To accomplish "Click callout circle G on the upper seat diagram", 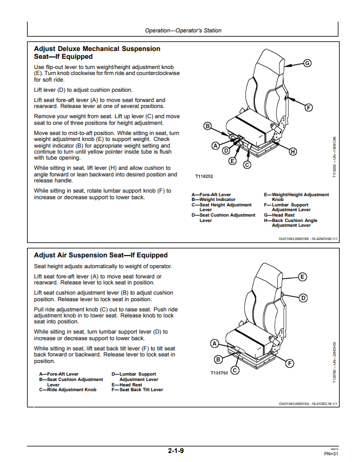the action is [x=307, y=63].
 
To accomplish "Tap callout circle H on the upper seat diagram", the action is [x=293, y=151].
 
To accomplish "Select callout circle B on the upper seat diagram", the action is [x=208, y=126].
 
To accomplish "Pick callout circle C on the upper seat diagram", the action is [x=247, y=165].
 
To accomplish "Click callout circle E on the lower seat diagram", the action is [x=302, y=277].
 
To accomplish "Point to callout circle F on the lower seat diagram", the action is [x=290, y=363].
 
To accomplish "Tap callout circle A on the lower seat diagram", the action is [x=214, y=344].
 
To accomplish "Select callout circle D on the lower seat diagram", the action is [x=303, y=298].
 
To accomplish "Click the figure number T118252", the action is [x=204, y=176].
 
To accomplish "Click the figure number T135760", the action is [x=219, y=373].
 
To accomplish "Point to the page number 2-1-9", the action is [x=176, y=451].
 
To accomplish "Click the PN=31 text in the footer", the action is [x=331, y=454].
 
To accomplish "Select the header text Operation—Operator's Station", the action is [x=183, y=31].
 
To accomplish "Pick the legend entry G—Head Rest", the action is [x=279, y=215].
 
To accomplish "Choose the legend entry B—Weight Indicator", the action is [x=213, y=199].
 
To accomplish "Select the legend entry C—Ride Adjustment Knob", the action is [x=68, y=389].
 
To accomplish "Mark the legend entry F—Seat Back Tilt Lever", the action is [x=137, y=389].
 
